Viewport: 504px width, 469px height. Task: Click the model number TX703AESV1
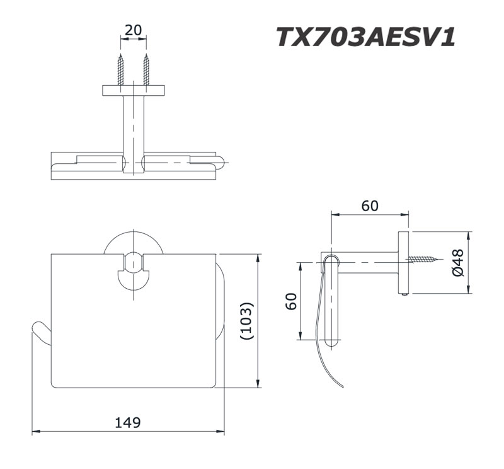tap(365, 36)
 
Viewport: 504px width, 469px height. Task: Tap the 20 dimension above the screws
tap(134, 29)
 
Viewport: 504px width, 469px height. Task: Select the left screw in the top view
tap(121, 69)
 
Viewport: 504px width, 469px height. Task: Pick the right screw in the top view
tap(146, 69)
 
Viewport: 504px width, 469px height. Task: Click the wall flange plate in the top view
tap(134, 90)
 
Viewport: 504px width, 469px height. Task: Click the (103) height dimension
tap(247, 321)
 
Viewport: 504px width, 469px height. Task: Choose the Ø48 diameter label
tap(458, 263)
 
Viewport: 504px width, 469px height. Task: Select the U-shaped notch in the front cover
tap(134, 269)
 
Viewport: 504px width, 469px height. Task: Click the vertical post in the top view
tap(134, 126)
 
